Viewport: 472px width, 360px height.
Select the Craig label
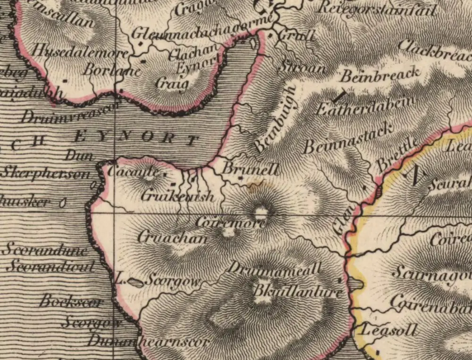[172, 85]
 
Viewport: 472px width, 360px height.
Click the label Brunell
[251, 169]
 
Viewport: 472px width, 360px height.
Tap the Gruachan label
[172, 238]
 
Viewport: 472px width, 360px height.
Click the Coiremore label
[230, 223]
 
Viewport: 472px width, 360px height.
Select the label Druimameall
[274, 269]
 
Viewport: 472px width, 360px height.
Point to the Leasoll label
[387, 330]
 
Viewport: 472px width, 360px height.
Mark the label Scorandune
[44, 250]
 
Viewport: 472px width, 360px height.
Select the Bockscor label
[70, 301]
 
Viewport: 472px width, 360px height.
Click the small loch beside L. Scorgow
[135, 282]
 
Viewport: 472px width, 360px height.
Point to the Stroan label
[302, 67]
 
